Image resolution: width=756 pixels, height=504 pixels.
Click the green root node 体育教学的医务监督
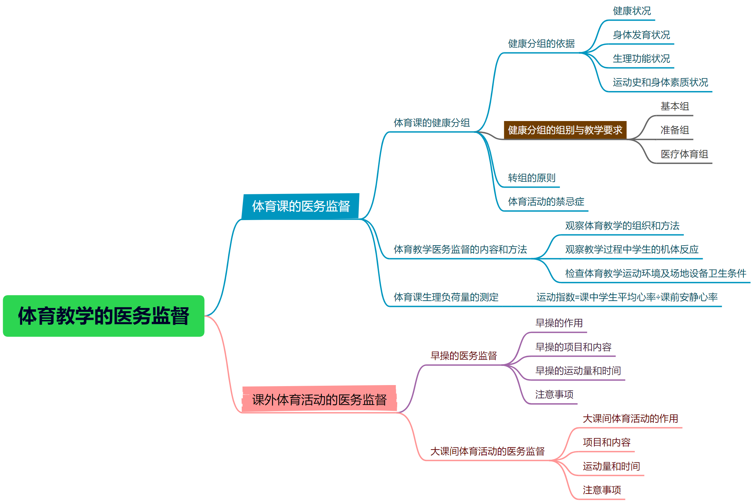pos(103,316)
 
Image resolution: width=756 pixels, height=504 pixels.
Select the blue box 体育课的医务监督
pos(301,206)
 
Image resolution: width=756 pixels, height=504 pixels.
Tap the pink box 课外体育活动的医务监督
pos(319,399)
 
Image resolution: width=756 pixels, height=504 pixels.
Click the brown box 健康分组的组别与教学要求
pos(565,130)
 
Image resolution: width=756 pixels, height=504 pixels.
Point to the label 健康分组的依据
pos(541,44)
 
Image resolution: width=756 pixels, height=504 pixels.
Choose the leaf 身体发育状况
pos(641,35)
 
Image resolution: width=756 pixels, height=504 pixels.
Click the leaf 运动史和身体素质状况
pos(660,83)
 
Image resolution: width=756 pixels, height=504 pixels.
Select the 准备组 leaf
pos(674,130)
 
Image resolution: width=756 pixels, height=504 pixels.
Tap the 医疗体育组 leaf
pos(684,154)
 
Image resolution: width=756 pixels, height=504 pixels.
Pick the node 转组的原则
pos(531,178)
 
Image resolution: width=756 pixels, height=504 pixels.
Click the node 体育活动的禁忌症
pos(546,202)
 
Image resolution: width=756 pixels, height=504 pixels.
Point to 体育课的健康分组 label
pos(432,123)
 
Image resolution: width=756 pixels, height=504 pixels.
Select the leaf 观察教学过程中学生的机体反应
pos(632,249)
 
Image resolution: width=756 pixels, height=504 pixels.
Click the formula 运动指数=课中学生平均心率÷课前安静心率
pos(627,297)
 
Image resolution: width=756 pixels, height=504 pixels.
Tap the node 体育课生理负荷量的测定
pos(446,297)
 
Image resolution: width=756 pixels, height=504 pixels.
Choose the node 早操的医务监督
pos(463,356)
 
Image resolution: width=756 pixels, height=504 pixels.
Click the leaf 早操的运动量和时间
pos(578,371)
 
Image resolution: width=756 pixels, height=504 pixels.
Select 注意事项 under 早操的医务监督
pos(554,394)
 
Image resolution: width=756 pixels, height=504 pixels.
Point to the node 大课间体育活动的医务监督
pos(487,451)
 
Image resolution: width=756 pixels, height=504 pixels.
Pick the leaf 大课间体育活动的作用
pos(630,419)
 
